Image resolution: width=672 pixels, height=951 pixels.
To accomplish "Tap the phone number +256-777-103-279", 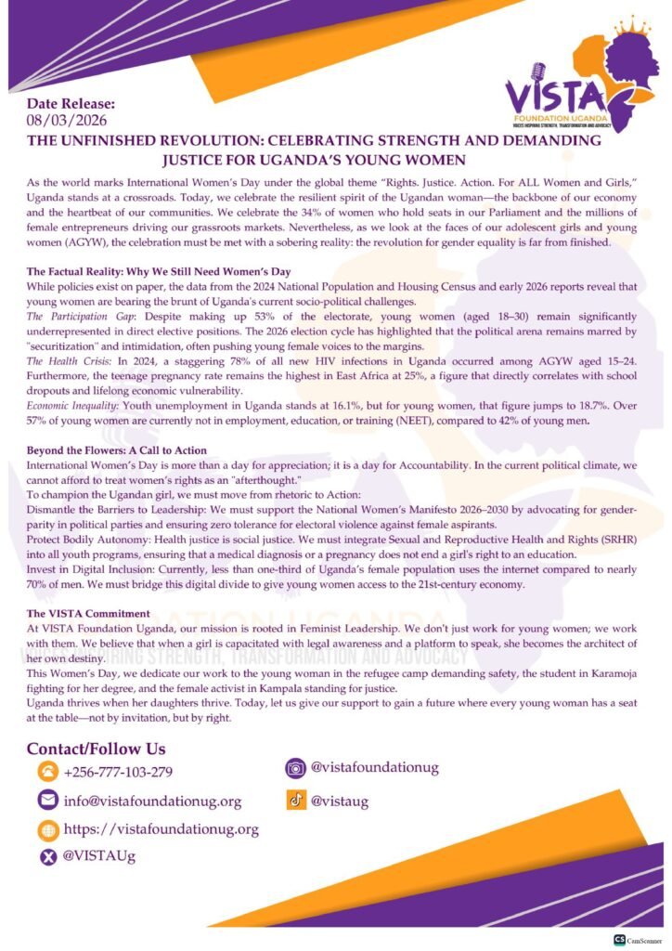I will coord(118,772).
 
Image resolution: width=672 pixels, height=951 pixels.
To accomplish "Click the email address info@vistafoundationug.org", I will coord(152,801).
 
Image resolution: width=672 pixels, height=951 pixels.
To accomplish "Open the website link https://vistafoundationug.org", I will coord(161,829).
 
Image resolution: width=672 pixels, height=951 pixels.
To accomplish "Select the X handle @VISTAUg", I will coord(98,856).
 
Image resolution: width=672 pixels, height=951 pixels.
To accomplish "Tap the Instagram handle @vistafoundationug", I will coord(374,768).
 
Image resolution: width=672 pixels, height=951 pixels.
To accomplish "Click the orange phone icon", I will coord(47,772).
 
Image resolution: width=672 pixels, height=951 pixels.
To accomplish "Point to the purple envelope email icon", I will coord(47,801).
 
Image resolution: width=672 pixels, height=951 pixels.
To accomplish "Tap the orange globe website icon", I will coord(47,829).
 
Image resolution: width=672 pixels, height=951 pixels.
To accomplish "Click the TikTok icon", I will coord(296,800).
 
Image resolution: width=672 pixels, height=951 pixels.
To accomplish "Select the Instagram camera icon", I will coord(296,768).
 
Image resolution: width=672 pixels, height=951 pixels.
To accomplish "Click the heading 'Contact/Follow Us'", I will coord(96,748).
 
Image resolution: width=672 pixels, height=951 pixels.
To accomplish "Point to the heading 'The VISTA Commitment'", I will coord(88,614).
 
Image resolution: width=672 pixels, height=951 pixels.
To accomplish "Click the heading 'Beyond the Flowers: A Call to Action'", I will coord(116,450).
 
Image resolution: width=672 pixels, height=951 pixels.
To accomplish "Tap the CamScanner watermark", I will coord(636,939).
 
